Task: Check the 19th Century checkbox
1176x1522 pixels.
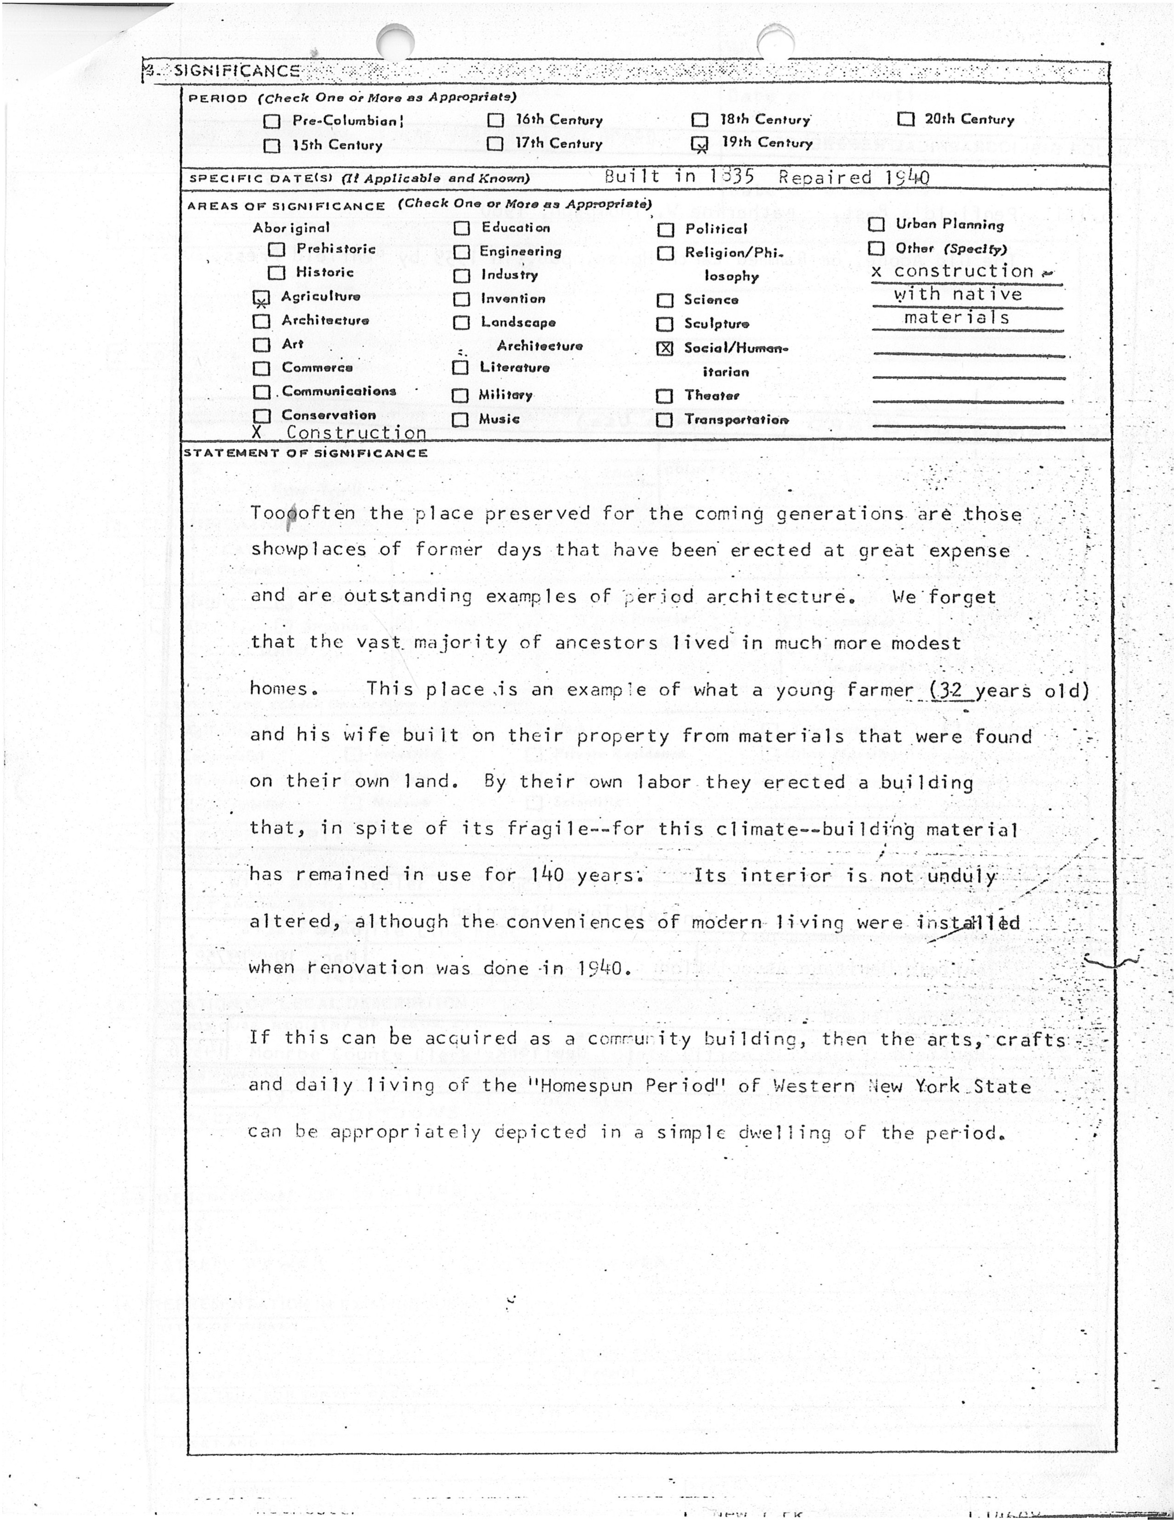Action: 699,143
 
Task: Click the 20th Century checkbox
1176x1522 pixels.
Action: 906,119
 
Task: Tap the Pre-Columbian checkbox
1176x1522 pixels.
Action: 272,121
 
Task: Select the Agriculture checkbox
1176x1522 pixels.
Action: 261,298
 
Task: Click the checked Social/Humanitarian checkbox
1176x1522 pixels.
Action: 665,349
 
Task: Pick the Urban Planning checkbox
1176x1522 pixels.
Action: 876,225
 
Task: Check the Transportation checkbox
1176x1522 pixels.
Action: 665,420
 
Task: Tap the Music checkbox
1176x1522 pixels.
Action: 460,420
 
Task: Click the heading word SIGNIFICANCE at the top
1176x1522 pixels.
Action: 237,71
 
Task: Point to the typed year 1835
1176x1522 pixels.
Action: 732,176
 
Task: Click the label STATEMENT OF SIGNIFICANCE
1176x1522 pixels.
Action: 305,453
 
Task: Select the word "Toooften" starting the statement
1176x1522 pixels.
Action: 303,514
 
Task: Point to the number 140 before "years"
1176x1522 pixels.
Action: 546,874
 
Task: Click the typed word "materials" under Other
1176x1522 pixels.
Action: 956,318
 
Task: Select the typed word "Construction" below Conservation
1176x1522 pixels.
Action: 356,433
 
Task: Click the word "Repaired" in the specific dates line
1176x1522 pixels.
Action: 825,177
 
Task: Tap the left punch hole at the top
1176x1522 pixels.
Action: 395,42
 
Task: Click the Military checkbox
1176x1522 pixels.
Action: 460,396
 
